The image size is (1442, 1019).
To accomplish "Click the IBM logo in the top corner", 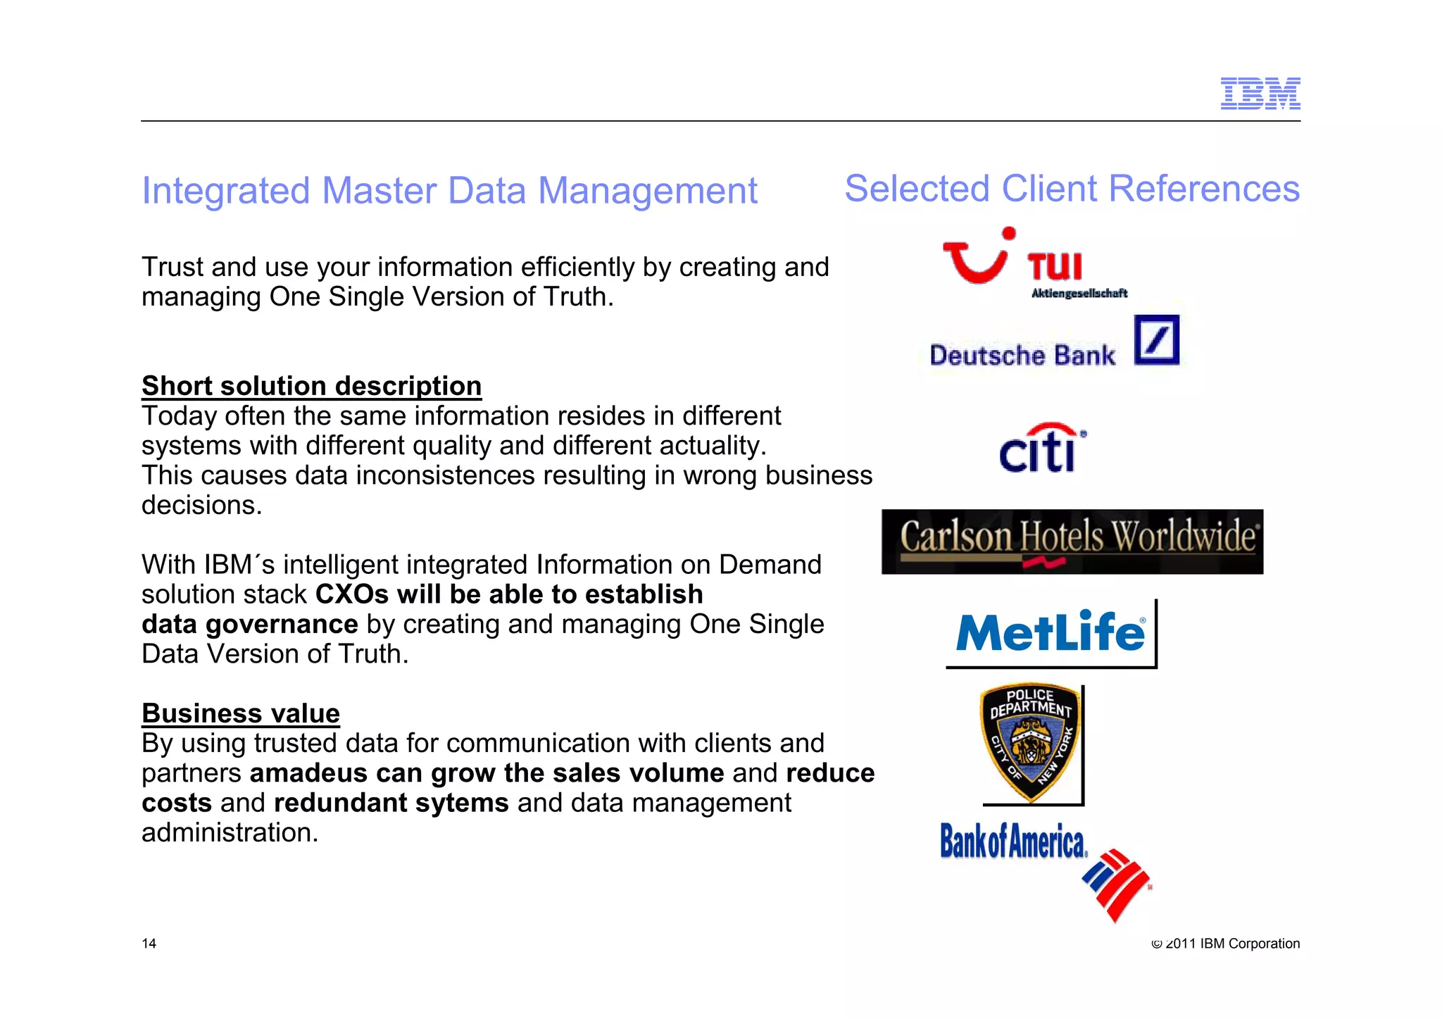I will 1260,94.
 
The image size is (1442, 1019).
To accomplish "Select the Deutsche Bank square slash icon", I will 1156,340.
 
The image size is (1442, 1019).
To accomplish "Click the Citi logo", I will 1041,449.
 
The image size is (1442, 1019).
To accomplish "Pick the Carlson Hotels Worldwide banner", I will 1072,542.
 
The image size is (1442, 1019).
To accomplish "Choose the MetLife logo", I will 1050,632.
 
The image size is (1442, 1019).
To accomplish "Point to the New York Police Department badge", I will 1030,742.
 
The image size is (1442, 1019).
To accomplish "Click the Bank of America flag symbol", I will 1116,884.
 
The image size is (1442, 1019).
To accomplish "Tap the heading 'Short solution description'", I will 311,386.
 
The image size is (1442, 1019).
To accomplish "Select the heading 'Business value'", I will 241,713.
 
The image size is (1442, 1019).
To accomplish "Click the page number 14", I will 149,944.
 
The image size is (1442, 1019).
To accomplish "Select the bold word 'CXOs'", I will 351,594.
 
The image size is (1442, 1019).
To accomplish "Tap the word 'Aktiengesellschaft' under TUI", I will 1079,293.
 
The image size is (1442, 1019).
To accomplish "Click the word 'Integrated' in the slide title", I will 225,191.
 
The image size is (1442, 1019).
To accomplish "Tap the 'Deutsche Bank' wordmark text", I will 1022,356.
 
